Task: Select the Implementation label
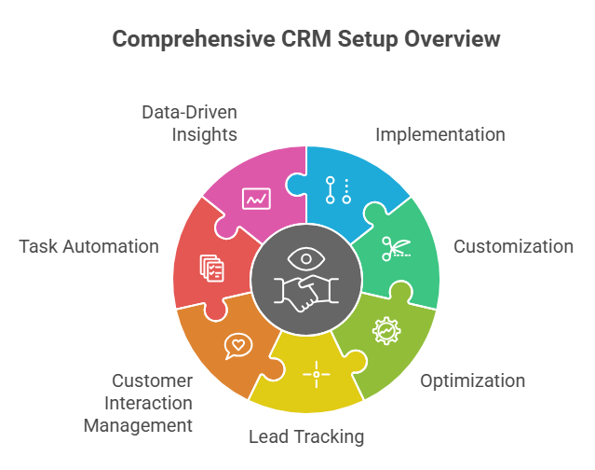(439, 134)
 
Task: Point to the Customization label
(513, 246)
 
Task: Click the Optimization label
(472, 380)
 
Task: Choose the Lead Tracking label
(305, 436)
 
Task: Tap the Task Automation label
(88, 246)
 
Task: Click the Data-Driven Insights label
(189, 123)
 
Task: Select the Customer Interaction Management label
(138, 403)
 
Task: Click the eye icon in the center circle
(305, 257)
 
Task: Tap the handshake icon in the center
(305, 294)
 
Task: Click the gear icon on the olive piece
(384, 330)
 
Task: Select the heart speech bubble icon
(238, 345)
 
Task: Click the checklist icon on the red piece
(212, 269)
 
